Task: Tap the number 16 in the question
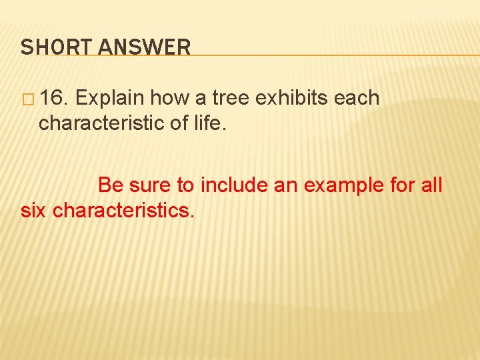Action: click(53, 99)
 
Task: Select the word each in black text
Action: click(357, 99)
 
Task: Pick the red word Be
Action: click(111, 185)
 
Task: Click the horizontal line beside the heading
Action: click(333, 55)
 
